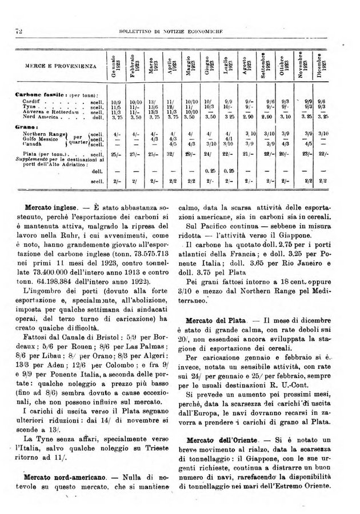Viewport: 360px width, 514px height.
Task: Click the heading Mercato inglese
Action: [52, 205]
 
